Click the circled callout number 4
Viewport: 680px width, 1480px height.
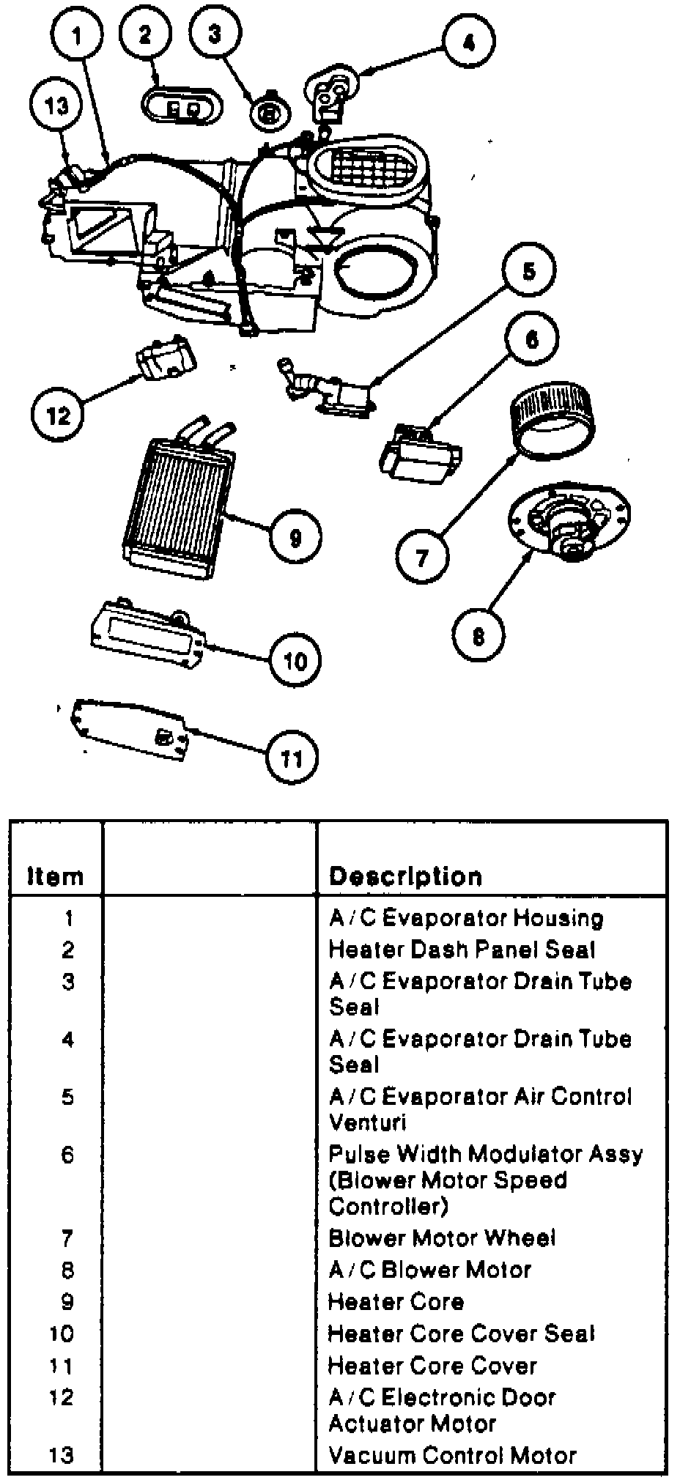[468, 42]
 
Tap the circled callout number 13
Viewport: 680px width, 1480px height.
[56, 106]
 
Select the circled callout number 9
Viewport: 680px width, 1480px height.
[295, 539]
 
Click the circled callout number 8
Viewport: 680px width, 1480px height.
[478, 636]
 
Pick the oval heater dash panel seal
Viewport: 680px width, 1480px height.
[179, 108]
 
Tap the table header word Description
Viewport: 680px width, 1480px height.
[405, 876]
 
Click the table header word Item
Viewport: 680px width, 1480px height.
[55, 876]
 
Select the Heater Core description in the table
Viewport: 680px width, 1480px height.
[396, 1301]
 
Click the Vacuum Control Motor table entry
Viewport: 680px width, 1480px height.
[452, 1454]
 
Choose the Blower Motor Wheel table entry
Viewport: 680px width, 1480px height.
[442, 1237]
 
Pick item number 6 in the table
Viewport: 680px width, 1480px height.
[67, 1155]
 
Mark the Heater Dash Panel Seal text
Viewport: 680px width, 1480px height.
[462, 950]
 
